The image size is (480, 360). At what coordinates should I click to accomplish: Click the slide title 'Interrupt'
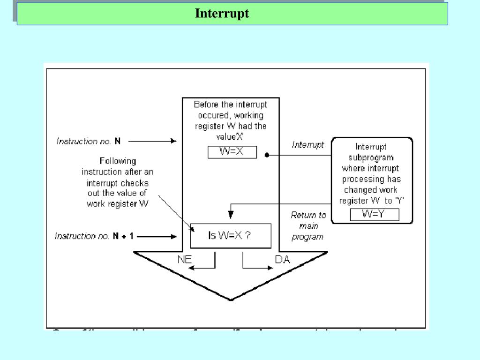click(x=222, y=13)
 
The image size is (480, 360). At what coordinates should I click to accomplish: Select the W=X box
click(x=232, y=152)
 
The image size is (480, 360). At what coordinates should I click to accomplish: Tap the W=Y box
click(x=374, y=215)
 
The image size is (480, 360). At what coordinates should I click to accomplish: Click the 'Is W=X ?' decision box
click(x=230, y=235)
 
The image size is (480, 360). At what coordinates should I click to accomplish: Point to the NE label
click(x=185, y=259)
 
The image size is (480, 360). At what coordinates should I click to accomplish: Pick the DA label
click(x=282, y=259)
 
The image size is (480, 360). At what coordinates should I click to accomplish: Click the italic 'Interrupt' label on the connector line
click(x=308, y=145)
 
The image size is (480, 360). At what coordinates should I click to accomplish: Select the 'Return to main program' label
click(x=308, y=226)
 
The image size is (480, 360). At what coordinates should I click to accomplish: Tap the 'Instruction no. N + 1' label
click(x=94, y=236)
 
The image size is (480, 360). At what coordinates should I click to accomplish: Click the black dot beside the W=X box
click(x=267, y=155)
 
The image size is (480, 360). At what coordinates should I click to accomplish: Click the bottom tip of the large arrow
click(x=231, y=299)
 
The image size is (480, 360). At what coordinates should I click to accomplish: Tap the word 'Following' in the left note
click(x=118, y=161)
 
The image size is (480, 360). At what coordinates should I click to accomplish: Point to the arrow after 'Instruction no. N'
click(x=152, y=141)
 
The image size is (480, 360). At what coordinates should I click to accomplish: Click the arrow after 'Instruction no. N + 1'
click(x=157, y=237)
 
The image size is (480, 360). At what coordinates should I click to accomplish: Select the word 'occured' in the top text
click(x=214, y=115)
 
